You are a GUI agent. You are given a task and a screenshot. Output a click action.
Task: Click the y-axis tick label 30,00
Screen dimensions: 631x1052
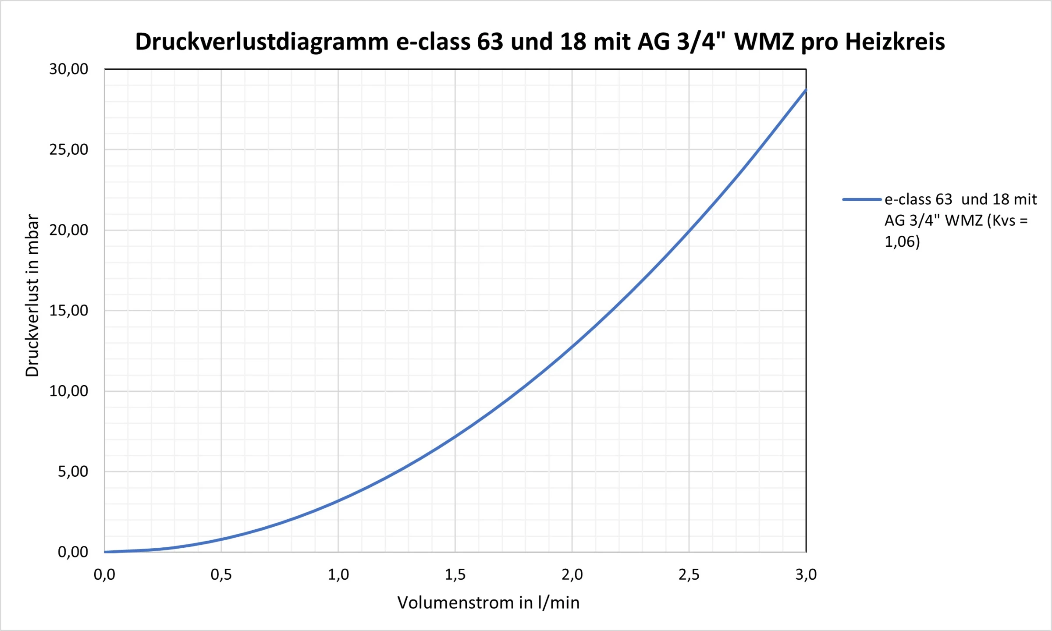pos(68,69)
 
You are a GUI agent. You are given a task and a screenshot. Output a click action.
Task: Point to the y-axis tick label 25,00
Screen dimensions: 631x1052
pos(68,150)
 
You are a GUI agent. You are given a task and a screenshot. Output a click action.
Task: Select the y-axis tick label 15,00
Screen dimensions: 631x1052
pos(68,311)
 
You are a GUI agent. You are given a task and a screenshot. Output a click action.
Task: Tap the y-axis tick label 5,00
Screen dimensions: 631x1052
pos(73,471)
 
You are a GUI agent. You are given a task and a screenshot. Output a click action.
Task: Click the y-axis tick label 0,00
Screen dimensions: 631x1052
pos(73,552)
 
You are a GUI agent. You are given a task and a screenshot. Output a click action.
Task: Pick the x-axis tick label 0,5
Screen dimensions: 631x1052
pos(221,574)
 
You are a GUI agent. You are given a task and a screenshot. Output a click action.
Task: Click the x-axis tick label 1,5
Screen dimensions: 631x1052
pos(455,574)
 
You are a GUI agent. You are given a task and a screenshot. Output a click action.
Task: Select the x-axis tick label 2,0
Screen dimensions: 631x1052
pos(572,574)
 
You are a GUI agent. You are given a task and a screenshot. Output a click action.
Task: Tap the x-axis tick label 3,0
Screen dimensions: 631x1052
pos(806,574)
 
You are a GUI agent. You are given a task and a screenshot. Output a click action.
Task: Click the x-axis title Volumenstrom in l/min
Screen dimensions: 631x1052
pos(488,603)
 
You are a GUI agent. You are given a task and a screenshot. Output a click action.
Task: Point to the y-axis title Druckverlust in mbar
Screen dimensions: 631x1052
pos(32,295)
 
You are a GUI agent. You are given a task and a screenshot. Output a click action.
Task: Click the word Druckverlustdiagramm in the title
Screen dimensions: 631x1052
pos(262,43)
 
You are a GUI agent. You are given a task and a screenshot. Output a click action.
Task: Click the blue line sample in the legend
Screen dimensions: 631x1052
pos(862,200)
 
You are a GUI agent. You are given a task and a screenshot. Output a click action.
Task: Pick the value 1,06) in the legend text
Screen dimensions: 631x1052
pos(902,242)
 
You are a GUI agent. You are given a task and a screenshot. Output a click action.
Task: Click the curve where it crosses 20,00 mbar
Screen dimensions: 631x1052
pos(689,230)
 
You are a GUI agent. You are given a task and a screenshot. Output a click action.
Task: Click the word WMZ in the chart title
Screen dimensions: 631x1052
pos(764,43)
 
